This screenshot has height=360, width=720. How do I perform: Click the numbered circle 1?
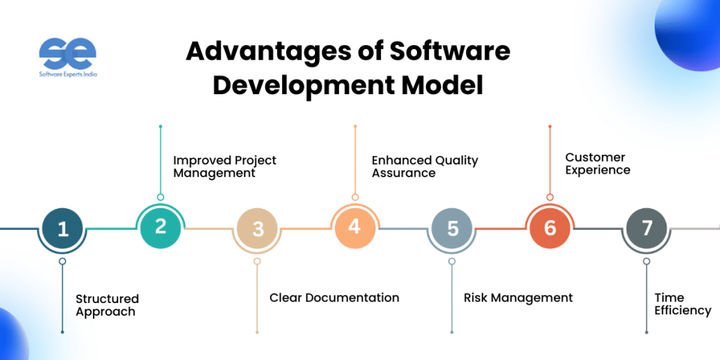(63, 229)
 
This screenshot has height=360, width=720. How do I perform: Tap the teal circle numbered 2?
(160, 227)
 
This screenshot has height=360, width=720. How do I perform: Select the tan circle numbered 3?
(257, 229)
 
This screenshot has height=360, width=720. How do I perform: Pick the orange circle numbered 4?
(354, 227)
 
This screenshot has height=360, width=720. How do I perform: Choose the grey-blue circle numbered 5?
(452, 229)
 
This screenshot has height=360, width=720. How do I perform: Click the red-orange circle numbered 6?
(550, 227)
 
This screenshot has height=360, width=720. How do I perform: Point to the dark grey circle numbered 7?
(647, 229)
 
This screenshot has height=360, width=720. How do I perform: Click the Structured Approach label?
(107, 305)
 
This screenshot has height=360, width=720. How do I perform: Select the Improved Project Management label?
(224, 167)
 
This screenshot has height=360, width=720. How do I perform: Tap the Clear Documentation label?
(334, 297)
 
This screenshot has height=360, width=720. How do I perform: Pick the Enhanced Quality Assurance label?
(425, 166)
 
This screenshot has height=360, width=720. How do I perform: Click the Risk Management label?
(518, 297)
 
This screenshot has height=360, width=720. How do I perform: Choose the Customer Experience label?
(598, 163)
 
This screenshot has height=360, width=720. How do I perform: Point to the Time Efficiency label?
(683, 304)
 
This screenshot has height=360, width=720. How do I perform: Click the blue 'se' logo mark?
(67, 53)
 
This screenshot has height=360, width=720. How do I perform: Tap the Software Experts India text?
(68, 74)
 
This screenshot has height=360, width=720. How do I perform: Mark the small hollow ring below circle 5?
(452, 262)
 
